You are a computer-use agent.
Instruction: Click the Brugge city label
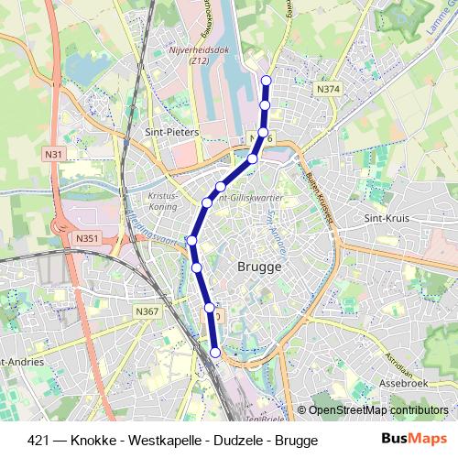(258, 267)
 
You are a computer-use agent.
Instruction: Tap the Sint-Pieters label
(172, 132)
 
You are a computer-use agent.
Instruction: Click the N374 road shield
(328, 89)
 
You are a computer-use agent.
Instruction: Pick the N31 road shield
(54, 155)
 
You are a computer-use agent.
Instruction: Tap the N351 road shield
(88, 238)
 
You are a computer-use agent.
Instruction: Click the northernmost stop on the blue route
(267, 81)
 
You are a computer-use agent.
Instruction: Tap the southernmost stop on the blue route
(216, 352)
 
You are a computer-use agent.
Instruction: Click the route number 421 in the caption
(38, 440)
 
